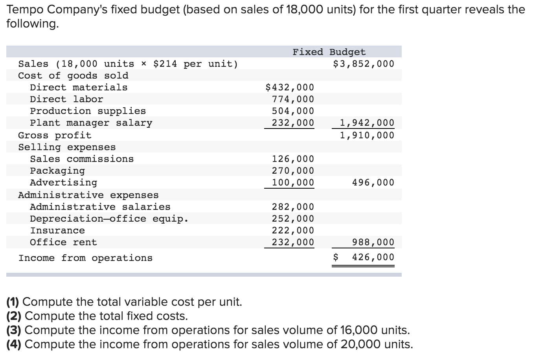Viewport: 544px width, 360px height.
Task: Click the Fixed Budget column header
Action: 329,52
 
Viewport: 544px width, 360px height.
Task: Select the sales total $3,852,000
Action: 363,64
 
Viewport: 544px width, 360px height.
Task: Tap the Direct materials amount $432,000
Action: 290,87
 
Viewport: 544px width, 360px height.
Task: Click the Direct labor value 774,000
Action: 293,99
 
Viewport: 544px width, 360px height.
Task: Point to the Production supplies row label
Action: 88,111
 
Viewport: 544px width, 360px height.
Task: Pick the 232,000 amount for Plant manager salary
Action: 293,123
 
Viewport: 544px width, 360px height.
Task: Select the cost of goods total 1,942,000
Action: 367,123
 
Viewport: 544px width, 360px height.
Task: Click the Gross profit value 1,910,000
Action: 367,135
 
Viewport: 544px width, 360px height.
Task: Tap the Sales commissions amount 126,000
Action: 293,159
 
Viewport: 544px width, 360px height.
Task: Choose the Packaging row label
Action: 57,171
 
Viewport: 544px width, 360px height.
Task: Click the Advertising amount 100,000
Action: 293,182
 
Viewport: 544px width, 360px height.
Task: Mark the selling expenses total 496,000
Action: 373,182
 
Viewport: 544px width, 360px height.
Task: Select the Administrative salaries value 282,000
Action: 293,207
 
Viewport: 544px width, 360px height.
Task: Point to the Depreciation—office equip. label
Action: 109,219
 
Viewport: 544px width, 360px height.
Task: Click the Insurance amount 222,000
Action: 293,230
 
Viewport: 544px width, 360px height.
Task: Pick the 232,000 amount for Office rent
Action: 293,242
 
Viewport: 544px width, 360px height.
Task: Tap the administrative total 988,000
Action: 373,242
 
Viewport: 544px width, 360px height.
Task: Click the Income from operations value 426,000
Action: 373,257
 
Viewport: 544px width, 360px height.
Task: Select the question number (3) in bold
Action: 14,330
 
